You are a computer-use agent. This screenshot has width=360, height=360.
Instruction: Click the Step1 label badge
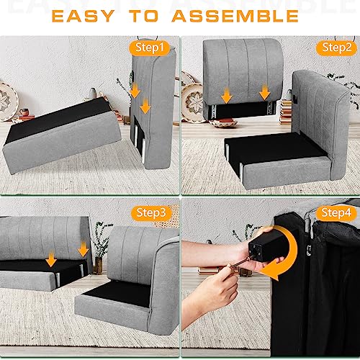coord(149,48)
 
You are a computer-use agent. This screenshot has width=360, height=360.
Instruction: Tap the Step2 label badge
coord(336,48)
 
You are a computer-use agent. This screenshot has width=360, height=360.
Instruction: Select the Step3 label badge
coord(151,213)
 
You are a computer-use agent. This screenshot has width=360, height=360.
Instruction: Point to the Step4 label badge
coord(336,213)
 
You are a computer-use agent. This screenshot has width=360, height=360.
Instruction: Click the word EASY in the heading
coord(83,16)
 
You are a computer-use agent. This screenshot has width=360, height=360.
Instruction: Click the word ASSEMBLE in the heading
coord(235,16)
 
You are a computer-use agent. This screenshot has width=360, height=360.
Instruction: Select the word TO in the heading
coord(144,16)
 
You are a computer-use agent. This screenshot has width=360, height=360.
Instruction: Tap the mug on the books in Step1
coord(24,112)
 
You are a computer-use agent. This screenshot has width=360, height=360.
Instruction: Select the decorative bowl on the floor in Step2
coord(223,123)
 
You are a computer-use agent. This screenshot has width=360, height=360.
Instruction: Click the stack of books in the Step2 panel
coord(286,112)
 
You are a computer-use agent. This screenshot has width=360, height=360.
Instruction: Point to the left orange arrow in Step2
coord(227,96)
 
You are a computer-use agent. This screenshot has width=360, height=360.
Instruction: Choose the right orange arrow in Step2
coord(265,92)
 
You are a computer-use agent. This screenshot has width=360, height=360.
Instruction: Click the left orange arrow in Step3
coord(51,259)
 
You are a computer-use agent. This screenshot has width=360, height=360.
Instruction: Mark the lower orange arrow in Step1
coord(145,106)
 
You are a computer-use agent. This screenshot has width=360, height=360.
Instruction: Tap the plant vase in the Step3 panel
coord(98,266)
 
